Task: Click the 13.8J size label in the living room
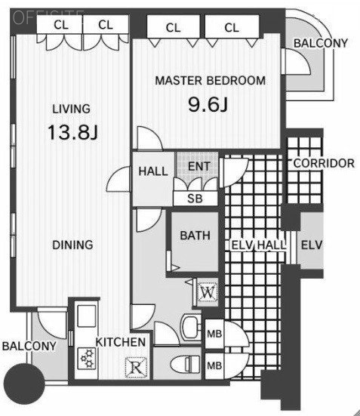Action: (73, 132)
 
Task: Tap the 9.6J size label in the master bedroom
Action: (208, 104)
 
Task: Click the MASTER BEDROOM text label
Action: (210, 81)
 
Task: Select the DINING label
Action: (72, 245)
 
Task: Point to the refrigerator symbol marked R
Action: (136, 368)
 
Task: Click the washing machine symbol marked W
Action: (208, 292)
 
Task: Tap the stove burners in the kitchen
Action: (87, 359)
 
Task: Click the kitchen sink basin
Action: (87, 316)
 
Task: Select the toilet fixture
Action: (185, 364)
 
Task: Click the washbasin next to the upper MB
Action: (190, 327)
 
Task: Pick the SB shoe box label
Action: (195, 199)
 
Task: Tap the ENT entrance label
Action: (199, 166)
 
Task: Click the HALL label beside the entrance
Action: (153, 171)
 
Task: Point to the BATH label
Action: (195, 236)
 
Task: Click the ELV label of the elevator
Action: (312, 245)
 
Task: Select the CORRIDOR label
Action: (324, 163)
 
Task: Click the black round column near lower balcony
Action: (25, 384)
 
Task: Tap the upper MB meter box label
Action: (214, 334)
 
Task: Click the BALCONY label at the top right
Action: (321, 43)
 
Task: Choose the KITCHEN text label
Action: (121, 342)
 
